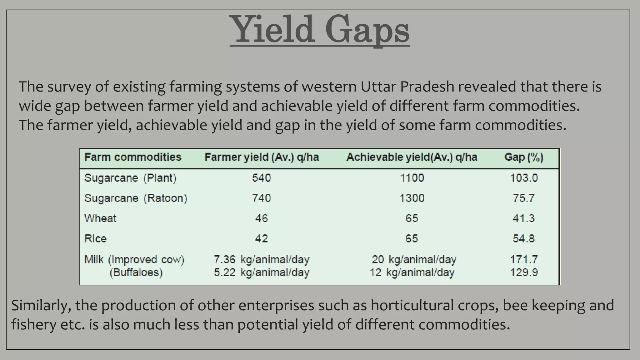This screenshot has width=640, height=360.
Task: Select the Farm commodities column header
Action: point(133,157)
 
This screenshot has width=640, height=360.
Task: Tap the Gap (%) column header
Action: point(524,157)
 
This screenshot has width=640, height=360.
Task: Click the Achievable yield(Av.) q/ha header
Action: point(412,157)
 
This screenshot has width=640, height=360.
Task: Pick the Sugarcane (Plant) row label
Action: point(130,178)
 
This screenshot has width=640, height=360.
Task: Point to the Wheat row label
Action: point(100,218)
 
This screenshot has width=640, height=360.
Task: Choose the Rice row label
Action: point(95,238)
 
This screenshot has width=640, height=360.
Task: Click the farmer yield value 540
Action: point(262,178)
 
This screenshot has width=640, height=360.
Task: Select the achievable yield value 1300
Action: point(412,198)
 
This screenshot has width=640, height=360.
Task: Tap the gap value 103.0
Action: point(524,178)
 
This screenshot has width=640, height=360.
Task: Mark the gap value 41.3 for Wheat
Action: point(524,218)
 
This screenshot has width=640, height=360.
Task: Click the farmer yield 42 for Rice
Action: point(262,238)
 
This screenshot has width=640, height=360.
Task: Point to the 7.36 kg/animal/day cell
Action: point(262,259)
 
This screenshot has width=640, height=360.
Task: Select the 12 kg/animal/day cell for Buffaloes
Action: point(412,272)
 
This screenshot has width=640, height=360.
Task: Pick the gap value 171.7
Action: point(524,259)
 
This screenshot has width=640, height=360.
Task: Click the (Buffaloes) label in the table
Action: point(136,272)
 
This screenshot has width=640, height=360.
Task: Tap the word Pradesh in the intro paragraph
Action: point(427,87)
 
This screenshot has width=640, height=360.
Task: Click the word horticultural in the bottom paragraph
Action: point(412,305)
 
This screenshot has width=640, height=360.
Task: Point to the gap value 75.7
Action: point(524,198)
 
